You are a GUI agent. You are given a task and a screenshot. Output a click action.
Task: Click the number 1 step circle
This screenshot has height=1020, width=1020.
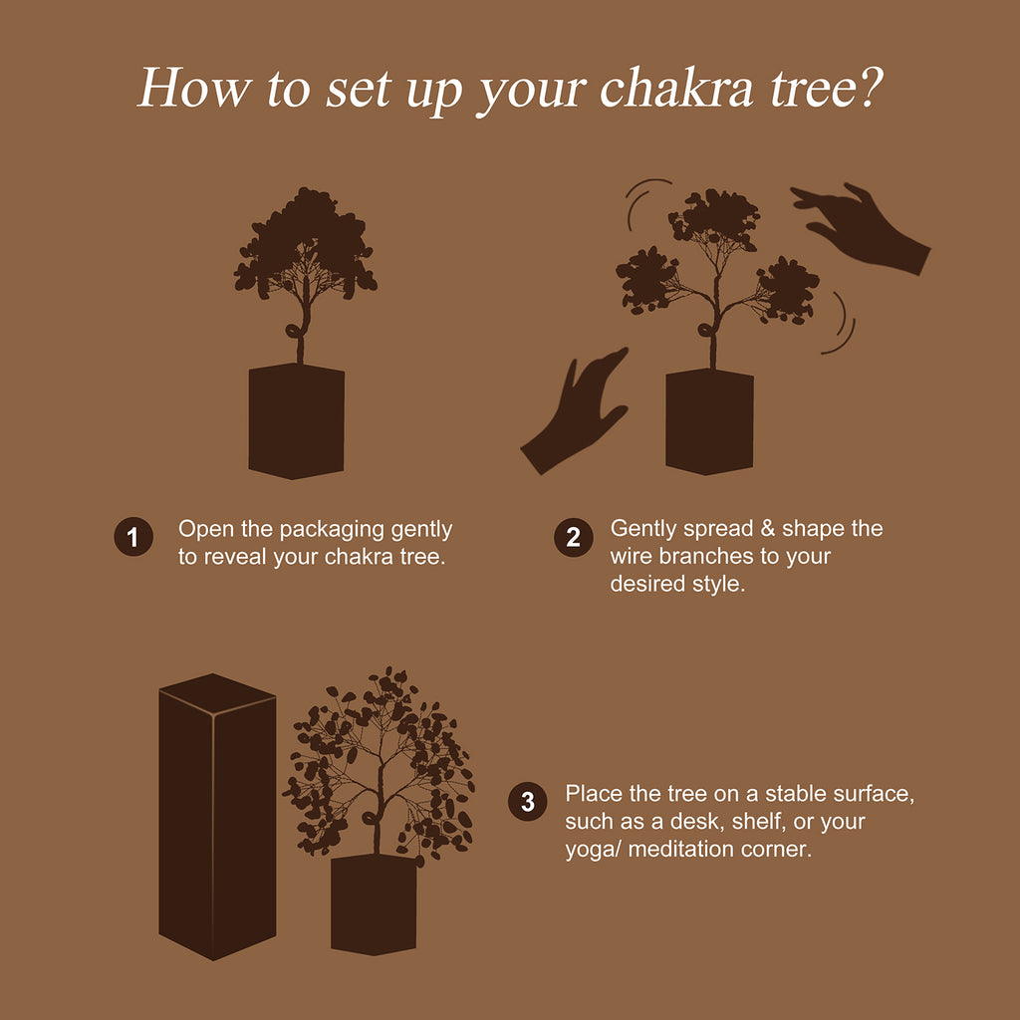tap(132, 538)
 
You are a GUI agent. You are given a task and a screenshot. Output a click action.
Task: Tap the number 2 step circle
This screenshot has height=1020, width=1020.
tap(573, 538)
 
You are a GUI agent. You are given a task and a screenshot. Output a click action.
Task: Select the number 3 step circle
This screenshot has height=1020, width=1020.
tap(528, 802)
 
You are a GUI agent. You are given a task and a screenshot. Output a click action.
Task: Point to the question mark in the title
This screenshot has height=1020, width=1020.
tap(868, 88)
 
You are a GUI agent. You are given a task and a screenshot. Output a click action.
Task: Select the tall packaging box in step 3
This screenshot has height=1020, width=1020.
tap(216, 817)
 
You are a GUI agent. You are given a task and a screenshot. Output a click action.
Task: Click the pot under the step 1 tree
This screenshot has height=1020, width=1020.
tap(296, 421)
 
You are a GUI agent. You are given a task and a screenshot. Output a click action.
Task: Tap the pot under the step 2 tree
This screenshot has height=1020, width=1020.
tap(709, 421)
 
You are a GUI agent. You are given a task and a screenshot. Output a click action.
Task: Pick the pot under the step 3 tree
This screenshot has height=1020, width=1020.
tap(374, 902)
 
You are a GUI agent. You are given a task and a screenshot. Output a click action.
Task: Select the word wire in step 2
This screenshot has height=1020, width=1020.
tap(631, 556)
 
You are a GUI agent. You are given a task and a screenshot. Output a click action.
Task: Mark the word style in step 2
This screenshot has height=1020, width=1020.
tap(717, 584)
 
